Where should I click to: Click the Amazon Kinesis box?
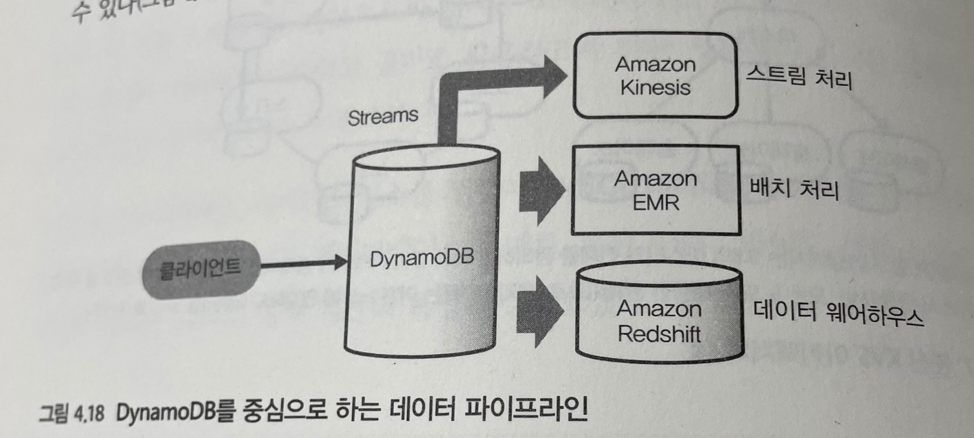(x=655, y=76)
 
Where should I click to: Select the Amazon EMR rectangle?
(x=655, y=191)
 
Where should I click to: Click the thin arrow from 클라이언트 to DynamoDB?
(x=298, y=264)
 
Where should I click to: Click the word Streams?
(x=382, y=117)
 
